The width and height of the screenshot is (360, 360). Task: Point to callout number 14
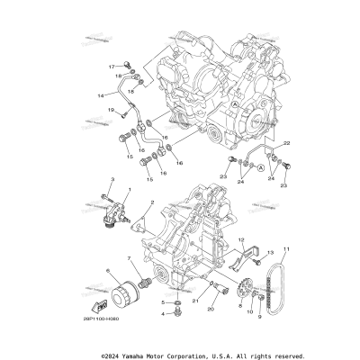tap(100, 93)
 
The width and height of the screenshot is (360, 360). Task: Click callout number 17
tap(112, 67)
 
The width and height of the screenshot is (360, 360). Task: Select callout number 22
tap(287, 143)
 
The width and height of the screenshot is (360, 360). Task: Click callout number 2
tap(151, 203)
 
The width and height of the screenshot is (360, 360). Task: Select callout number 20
tap(212, 309)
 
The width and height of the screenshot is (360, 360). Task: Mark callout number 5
tap(163, 302)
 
